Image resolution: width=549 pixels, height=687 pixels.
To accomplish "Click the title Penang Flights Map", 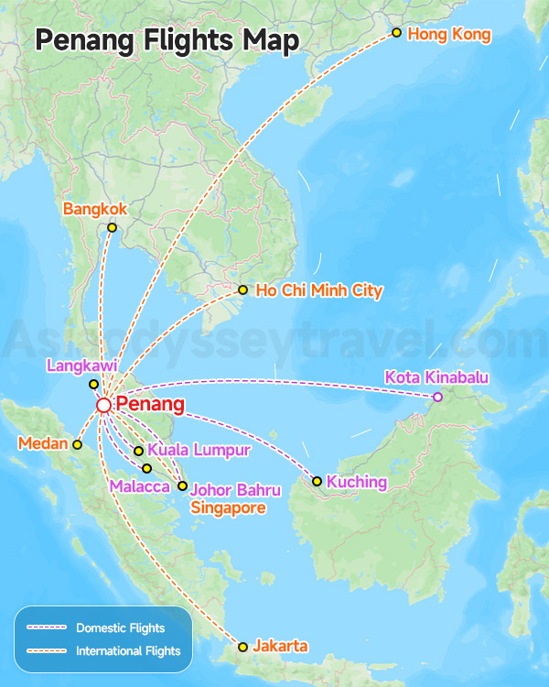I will (x=167, y=41).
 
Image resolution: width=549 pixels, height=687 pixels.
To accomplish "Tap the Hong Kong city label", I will (x=449, y=35).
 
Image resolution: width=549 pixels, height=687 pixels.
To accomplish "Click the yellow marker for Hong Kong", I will (x=396, y=33).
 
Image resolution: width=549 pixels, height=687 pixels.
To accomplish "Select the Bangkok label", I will (x=95, y=210).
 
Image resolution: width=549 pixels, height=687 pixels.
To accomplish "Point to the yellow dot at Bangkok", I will (x=112, y=227).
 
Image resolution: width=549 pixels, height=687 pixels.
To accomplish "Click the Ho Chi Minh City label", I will (x=319, y=290).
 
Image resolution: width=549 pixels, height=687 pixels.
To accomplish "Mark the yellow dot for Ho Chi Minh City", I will (x=242, y=290).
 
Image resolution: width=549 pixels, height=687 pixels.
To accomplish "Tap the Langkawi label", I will (x=81, y=366).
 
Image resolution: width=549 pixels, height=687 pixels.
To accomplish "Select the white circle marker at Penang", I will (x=104, y=405).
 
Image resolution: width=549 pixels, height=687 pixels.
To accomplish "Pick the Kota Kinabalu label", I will (x=436, y=377).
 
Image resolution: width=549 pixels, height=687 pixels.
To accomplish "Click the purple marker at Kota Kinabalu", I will (x=437, y=397).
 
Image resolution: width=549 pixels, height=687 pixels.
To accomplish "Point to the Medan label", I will (x=43, y=444).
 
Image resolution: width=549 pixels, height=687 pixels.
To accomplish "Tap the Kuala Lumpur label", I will (x=199, y=450).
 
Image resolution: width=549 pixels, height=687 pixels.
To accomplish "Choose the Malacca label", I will (x=139, y=486).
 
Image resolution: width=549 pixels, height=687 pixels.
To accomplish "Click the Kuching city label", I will (x=357, y=482).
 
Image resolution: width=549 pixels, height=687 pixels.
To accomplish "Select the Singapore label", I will (x=228, y=507).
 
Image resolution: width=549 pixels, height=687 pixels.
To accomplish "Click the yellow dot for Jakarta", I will (x=242, y=647).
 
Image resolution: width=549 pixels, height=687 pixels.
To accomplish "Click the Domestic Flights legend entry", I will (x=121, y=628).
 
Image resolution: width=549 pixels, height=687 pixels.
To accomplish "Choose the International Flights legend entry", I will (x=128, y=651).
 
